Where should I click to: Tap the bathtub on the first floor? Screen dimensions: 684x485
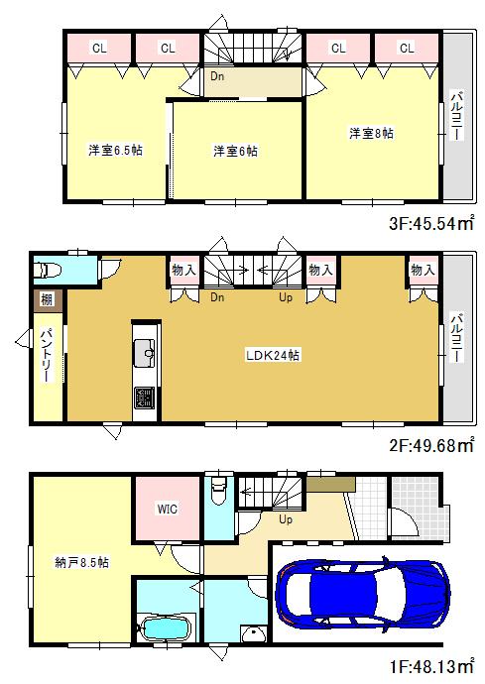click(165, 627)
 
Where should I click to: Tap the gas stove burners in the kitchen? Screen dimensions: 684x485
click(145, 398)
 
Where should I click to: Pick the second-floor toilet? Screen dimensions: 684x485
click(50, 270)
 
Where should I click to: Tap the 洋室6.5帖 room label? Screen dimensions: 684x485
click(114, 151)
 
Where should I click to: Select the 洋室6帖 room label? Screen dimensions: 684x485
click(235, 151)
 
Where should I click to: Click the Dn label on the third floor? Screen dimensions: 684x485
click(216, 75)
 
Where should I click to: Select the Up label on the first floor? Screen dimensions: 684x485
click(286, 519)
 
